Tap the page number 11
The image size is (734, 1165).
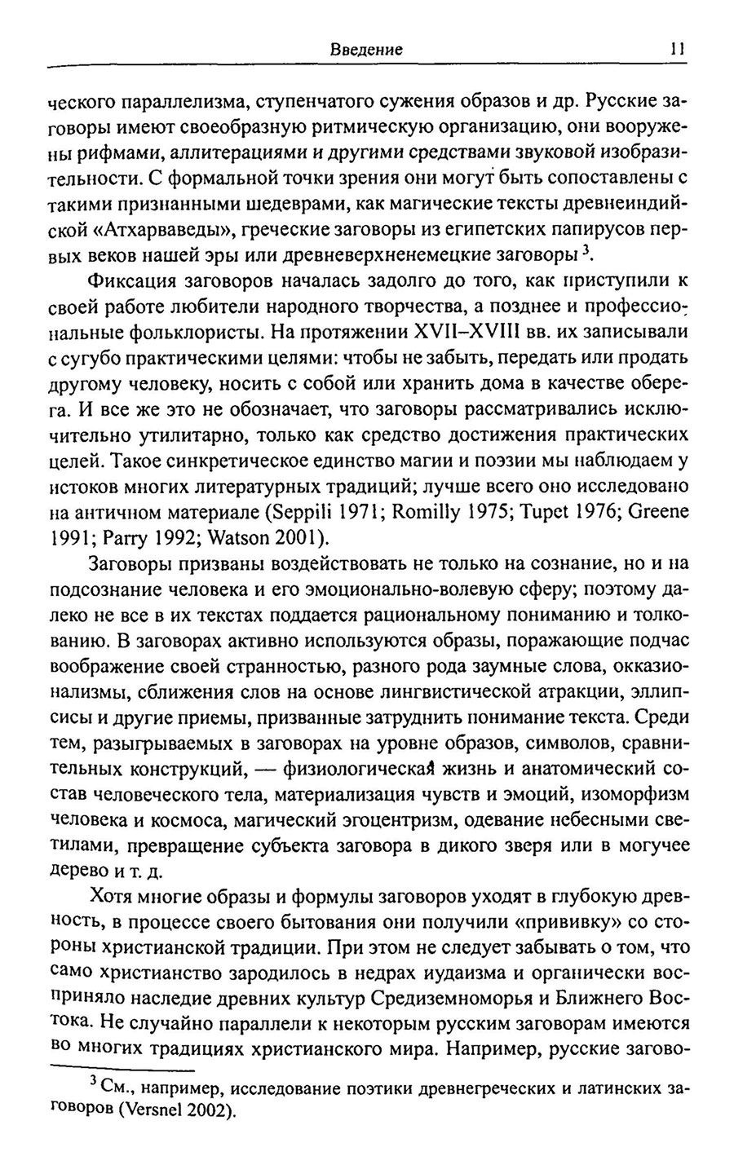coord(676,49)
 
